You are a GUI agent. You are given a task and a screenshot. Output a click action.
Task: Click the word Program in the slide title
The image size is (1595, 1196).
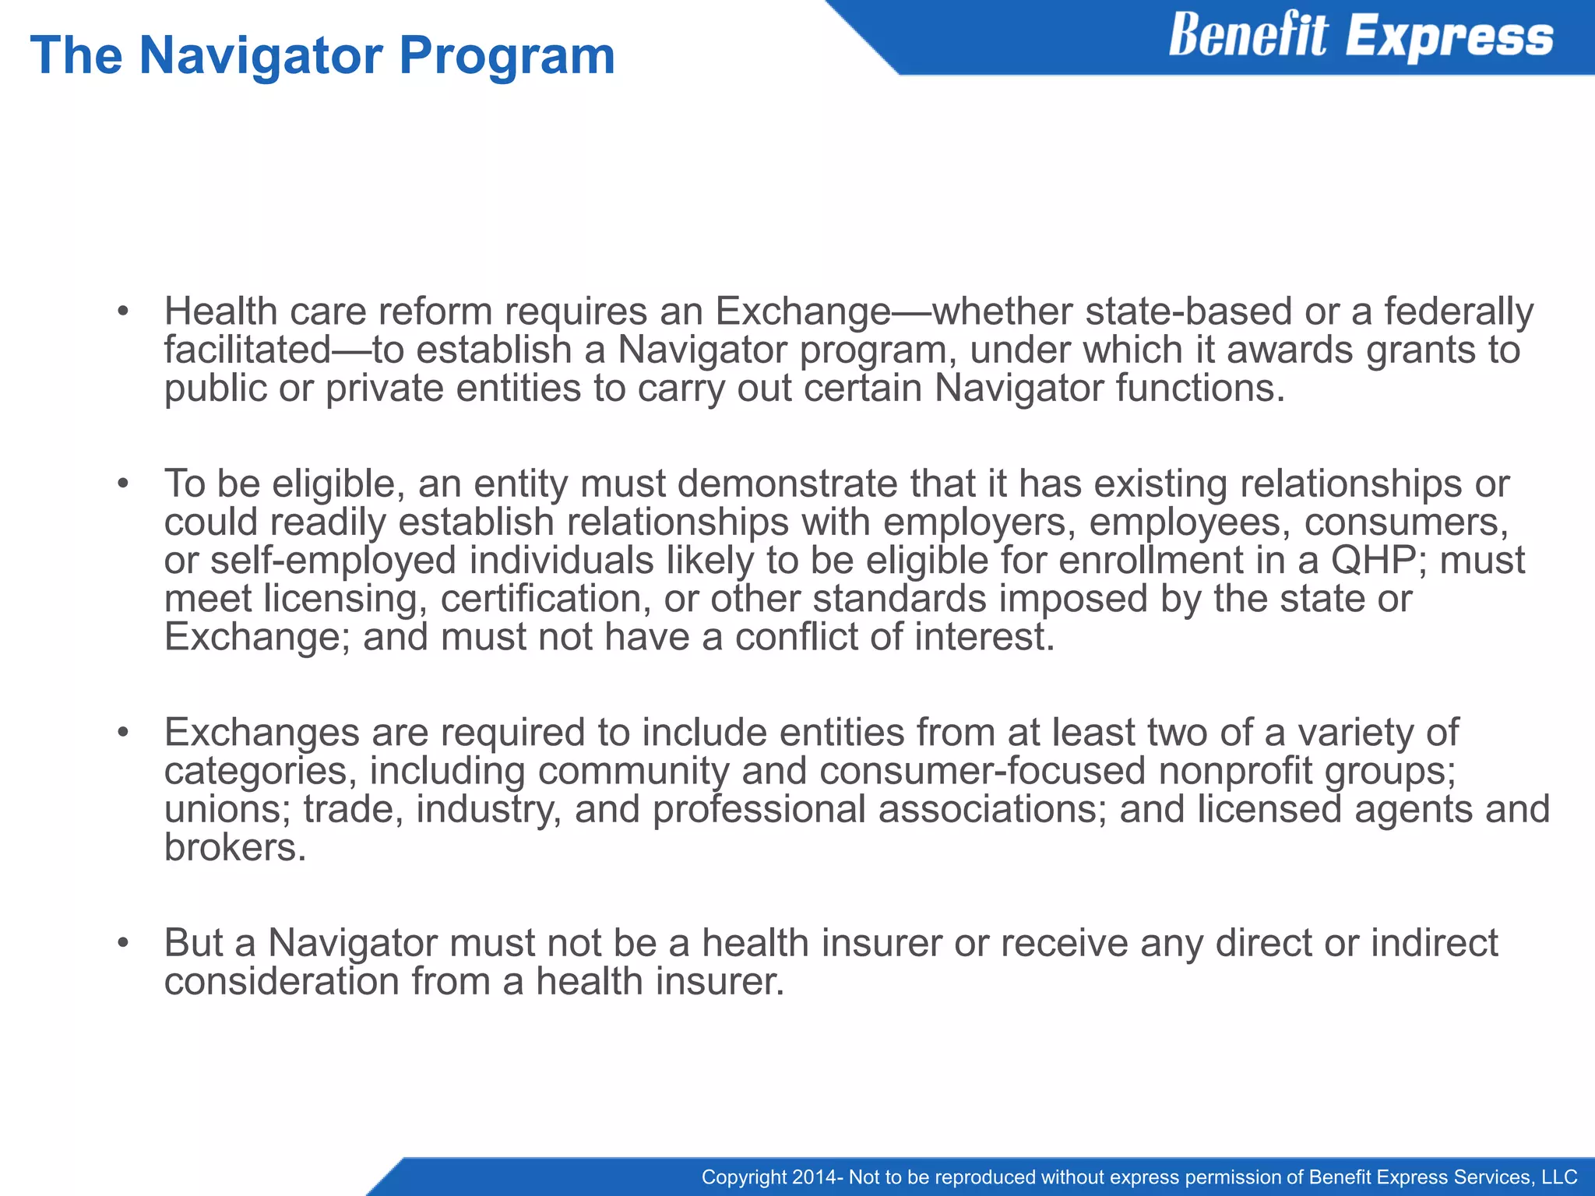(x=507, y=56)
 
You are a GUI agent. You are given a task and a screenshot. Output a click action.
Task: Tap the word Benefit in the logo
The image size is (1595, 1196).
(x=1247, y=36)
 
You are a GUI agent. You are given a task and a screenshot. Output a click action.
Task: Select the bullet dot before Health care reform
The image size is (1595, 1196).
(x=122, y=313)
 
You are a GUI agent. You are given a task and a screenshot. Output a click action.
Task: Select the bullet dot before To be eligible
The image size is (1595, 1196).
(x=122, y=485)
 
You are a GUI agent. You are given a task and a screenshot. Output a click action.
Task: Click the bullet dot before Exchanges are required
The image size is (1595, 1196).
(x=122, y=733)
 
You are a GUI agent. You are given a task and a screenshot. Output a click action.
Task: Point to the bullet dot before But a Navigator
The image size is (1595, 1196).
(x=122, y=944)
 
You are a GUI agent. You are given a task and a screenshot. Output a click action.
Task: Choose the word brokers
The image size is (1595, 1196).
(x=234, y=847)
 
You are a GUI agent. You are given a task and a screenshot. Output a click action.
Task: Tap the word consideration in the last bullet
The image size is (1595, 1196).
(x=281, y=981)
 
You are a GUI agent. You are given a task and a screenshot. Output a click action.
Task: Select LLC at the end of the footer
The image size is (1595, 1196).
(x=1559, y=1177)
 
